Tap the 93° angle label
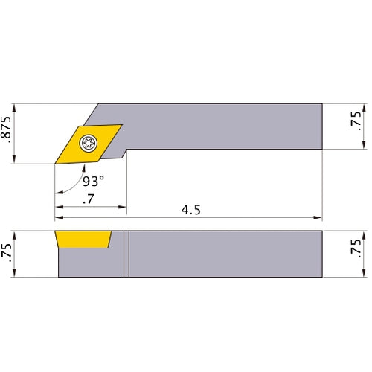(x=94, y=182)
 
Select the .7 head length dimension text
(x=89, y=198)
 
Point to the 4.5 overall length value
(x=190, y=210)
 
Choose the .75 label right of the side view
(x=355, y=253)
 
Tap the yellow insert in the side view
(x=82, y=239)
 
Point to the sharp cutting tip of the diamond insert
(x=55, y=161)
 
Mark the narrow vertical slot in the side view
(x=126, y=254)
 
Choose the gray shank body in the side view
(x=223, y=254)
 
